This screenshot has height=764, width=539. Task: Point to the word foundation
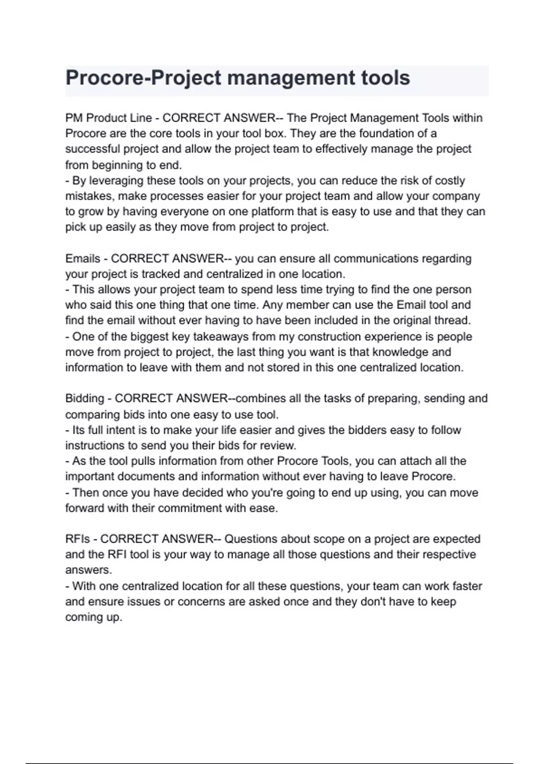click(x=386, y=133)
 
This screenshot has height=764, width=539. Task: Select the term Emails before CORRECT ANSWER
click(x=83, y=259)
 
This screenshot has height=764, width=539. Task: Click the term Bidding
click(x=84, y=399)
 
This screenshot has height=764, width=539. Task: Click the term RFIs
click(x=78, y=539)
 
